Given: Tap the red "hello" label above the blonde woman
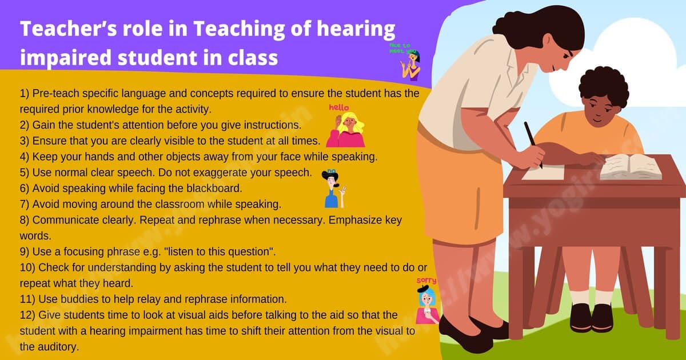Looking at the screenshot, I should pyautogui.click(x=338, y=107).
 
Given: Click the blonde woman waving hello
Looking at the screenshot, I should pyautogui.click(x=345, y=130).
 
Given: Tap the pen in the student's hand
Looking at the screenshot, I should pyautogui.click(x=532, y=143).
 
